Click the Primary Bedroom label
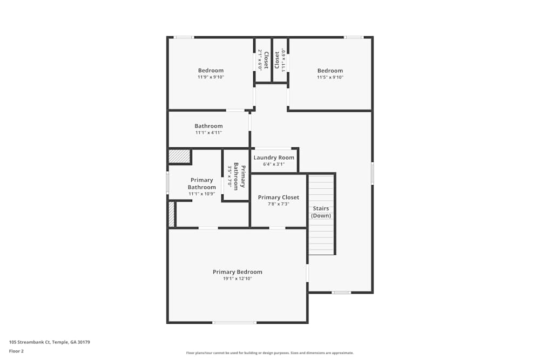coord(237,272)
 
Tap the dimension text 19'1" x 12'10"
coord(237,279)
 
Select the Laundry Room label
coord(274,158)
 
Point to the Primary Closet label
coord(278,198)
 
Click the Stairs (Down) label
coord(321,212)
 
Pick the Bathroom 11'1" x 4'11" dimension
coord(208,133)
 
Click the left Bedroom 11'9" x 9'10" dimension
coord(211,77)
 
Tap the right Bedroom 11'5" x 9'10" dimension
coord(330,77)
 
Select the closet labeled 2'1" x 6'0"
coord(263,60)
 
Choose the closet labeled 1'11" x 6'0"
coord(280,60)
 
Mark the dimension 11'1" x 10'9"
coord(201,194)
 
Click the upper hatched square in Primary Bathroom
coord(179,157)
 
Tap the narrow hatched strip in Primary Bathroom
coord(171,214)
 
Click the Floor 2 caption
coord(16,351)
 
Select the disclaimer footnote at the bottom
coord(269,353)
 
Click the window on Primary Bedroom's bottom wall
coord(234,323)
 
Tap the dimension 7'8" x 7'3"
coord(278,204)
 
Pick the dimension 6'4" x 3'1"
coord(274,164)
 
